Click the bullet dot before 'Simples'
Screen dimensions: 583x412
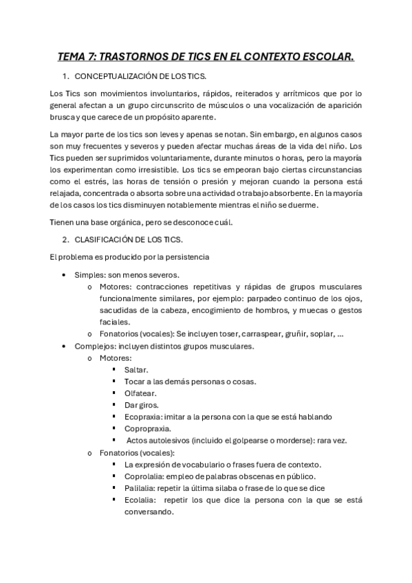[65, 275]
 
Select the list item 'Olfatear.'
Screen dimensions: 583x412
[140, 393]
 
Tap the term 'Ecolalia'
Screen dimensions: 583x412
[140, 500]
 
